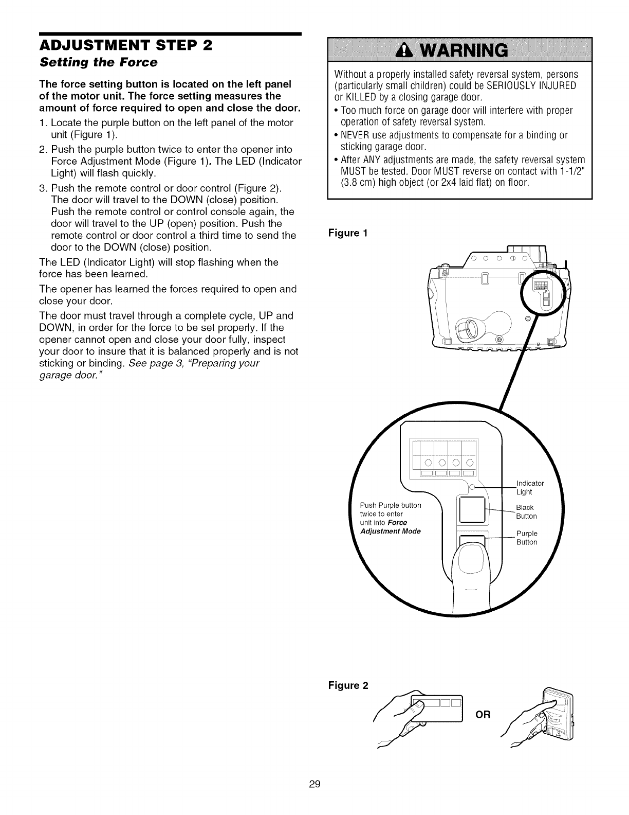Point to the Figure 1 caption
[x=348, y=233]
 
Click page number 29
[x=314, y=784]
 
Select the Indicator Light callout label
[x=529, y=487]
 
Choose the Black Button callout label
[x=526, y=511]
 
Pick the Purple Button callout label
[x=527, y=537]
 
